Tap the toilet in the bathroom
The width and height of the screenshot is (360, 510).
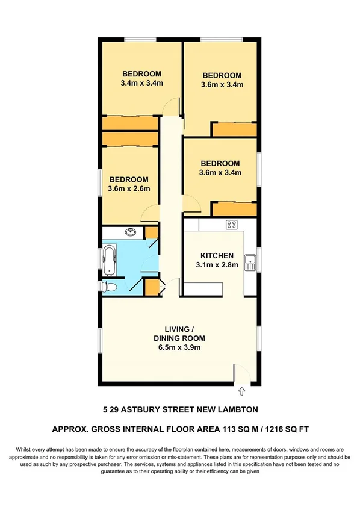pyautogui.click(x=108, y=287)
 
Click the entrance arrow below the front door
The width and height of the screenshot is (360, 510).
pyautogui.click(x=242, y=391)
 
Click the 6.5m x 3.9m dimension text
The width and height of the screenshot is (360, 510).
pyautogui.click(x=179, y=347)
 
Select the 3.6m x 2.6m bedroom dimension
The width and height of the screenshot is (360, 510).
pyautogui.click(x=129, y=188)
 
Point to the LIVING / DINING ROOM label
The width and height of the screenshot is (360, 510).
pyautogui.click(x=179, y=333)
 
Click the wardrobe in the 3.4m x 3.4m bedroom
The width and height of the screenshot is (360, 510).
pyautogui.click(x=130, y=123)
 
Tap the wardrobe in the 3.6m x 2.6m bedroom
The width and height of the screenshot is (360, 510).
pyautogui.click(x=130, y=138)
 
